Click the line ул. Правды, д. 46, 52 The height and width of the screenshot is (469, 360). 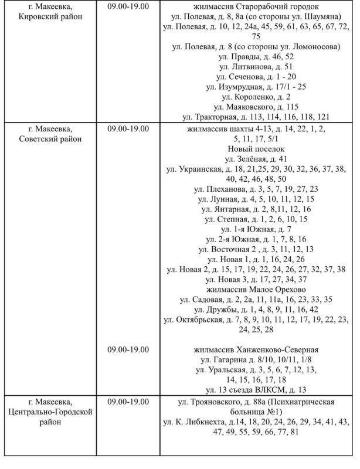click(x=257, y=56)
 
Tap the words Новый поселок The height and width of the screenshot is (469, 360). click(x=257, y=149)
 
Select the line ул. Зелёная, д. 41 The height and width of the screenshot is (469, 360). click(x=257, y=159)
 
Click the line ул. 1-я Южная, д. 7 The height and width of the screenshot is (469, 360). click(x=257, y=229)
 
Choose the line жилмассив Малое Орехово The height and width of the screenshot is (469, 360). click(x=257, y=289)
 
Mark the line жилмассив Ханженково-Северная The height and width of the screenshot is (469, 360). click(x=257, y=349)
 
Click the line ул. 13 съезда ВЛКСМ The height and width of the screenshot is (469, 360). click(x=257, y=389)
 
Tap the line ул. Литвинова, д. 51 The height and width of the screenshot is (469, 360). click(x=257, y=66)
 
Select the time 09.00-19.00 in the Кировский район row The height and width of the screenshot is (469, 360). click(x=128, y=6)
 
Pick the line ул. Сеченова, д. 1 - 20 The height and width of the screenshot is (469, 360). click(x=257, y=76)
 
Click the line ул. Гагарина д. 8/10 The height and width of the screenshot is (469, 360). click(x=257, y=359)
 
